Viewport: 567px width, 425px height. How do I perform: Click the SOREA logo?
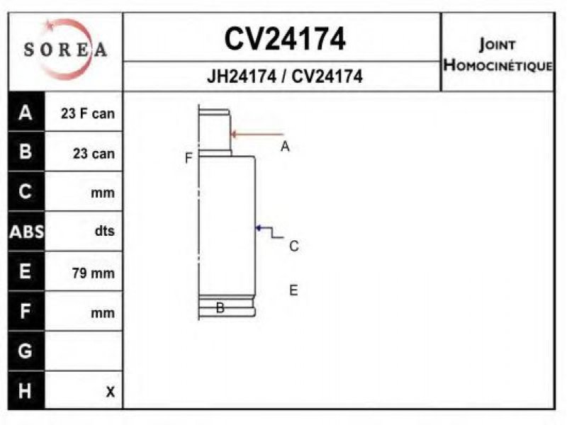tap(65, 50)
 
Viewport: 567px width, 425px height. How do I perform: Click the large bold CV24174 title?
tap(285, 39)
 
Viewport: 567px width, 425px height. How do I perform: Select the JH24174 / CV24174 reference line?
tap(285, 76)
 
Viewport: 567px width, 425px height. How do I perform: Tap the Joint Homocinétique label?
tap(498, 55)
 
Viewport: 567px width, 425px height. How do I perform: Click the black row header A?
tap(26, 113)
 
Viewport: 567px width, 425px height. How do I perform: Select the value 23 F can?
tap(88, 113)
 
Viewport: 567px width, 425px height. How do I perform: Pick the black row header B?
tap(26, 152)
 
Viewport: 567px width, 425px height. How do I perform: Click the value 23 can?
tap(94, 154)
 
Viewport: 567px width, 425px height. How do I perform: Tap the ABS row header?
tap(26, 232)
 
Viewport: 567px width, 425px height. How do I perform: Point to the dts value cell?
tap(105, 231)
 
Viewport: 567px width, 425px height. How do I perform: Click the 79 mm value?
tap(94, 273)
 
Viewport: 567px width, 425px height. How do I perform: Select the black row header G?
tap(26, 351)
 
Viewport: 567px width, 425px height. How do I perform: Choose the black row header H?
tap(26, 391)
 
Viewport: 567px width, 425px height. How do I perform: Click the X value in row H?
tap(111, 392)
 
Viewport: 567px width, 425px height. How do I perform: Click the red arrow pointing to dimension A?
tap(257, 135)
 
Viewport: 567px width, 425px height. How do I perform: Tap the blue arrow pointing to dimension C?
tap(269, 232)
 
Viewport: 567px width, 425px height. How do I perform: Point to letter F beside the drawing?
tap(189, 158)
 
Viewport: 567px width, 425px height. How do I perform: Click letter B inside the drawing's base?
tap(220, 308)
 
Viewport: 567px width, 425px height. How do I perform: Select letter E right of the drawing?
tap(293, 290)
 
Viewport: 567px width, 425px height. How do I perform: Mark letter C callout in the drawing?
tap(294, 246)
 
